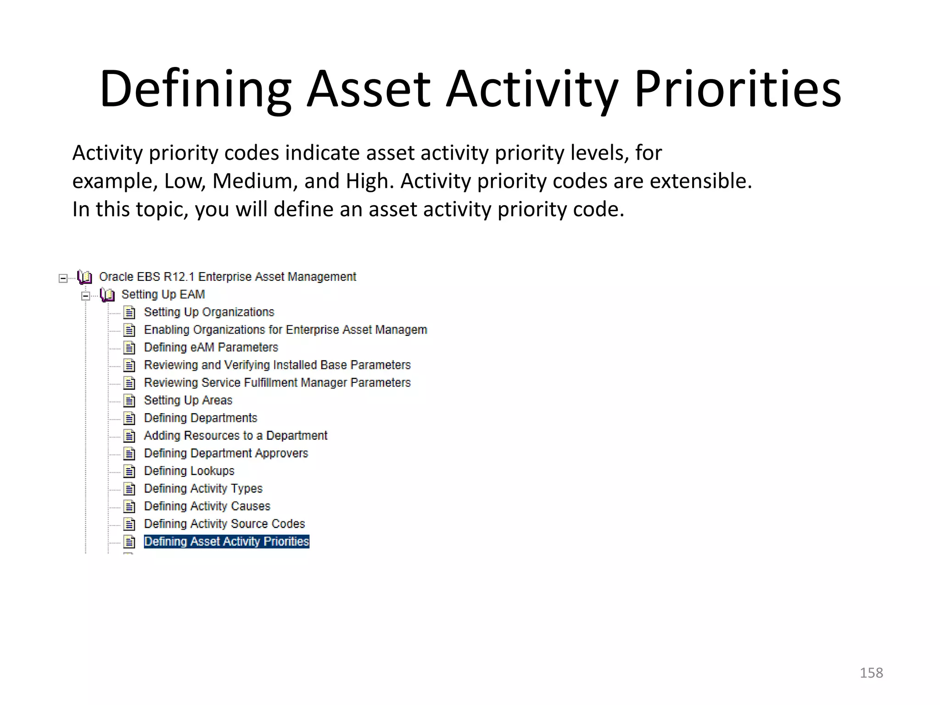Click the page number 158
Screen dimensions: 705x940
pyautogui.click(x=871, y=673)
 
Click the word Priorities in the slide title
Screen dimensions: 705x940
pyautogui.click(x=738, y=89)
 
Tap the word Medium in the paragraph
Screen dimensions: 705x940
pyautogui.click(x=252, y=181)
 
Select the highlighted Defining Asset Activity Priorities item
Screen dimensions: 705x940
pyautogui.click(x=226, y=542)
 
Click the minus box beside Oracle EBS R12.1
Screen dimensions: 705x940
pyautogui.click(x=63, y=278)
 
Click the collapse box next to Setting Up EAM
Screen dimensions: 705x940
pyautogui.click(x=85, y=296)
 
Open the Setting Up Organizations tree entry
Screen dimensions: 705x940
pyautogui.click(x=209, y=312)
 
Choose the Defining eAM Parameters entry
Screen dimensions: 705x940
pyautogui.click(x=211, y=347)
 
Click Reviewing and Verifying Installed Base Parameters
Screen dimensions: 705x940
pyautogui.click(x=277, y=365)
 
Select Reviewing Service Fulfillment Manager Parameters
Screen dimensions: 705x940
pyautogui.click(x=277, y=383)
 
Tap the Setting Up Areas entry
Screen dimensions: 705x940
pyautogui.click(x=188, y=400)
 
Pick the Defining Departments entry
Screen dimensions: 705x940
pyautogui.click(x=200, y=418)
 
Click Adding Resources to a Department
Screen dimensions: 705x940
pyautogui.click(x=235, y=436)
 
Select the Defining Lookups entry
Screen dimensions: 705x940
pyautogui.click(x=189, y=471)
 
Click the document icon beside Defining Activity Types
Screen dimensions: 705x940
pyautogui.click(x=130, y=489)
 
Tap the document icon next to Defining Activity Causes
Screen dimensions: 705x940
pyautogui.click(x=130, y=507)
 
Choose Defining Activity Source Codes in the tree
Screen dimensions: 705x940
pyautogui.click(x=224, y=524)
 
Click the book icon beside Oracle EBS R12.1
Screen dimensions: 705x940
pyautogui.click(x=85, y=277)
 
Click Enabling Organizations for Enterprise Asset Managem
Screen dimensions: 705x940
pyautogui.click(x=285, y=330)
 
